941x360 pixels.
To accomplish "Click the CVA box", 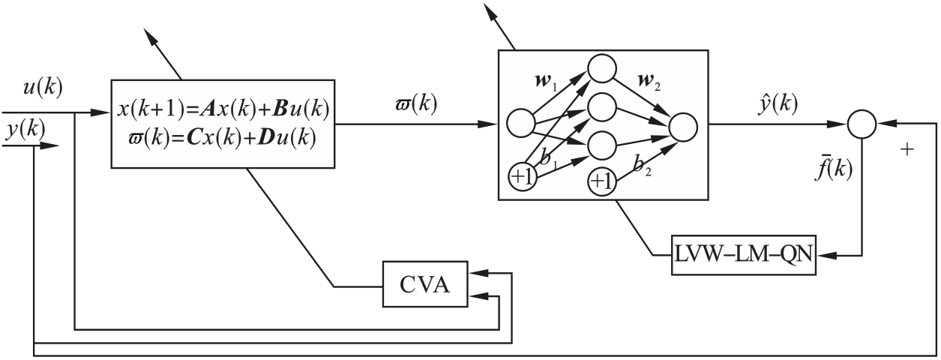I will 424,285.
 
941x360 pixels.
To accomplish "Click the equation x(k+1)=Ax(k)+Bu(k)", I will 223,109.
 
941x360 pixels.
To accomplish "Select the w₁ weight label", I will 551,78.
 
